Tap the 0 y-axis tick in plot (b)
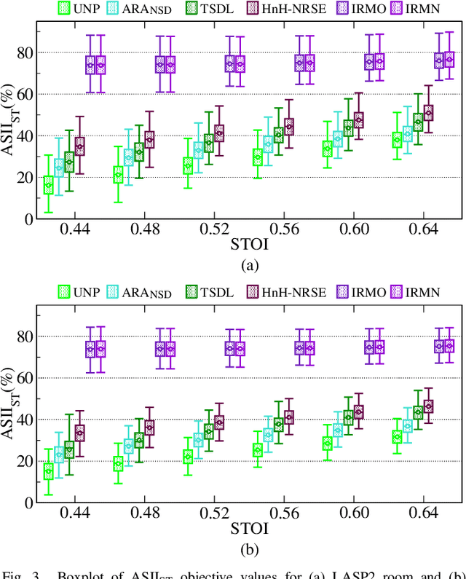tap(30, 503)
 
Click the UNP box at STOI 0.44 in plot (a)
tap(49, 186)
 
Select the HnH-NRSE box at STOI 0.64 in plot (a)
tap(429, 113)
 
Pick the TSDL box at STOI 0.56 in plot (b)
tap(279, 424)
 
